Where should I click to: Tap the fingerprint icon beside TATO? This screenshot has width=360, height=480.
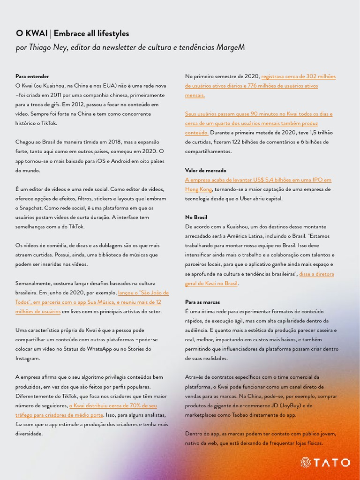pyautogui.click(x=305, y=463)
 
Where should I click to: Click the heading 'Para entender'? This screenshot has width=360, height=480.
pyautogui.click(x=32, y=76)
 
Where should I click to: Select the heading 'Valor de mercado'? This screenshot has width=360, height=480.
pyautogui.click(x=205, y=170)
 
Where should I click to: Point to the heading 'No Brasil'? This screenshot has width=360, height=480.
pyautogui.click(x=196, y=217)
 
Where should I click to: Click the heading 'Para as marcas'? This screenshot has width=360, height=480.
pyautogui.click(x=202, y=302)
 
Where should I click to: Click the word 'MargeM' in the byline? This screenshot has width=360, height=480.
pyautogui.click(x=230, y=47)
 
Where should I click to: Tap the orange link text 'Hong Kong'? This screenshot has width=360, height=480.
pyautogui.click(x=199, y=189)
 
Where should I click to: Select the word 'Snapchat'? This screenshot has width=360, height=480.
pyautogui.click(x=31, y=208)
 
